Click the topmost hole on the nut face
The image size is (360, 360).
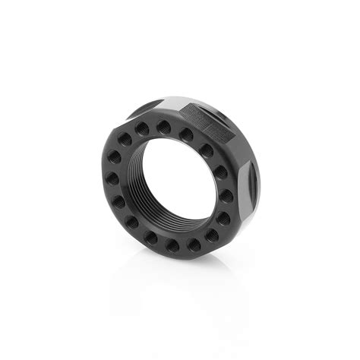tap(163, 128)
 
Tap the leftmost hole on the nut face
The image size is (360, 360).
tap(112, 178)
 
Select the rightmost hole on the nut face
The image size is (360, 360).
tap(226, 196)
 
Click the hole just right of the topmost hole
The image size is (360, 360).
tap(186, 134)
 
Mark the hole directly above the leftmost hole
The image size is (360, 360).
tap(114, 156)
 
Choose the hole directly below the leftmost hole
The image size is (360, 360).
tap(118, 202)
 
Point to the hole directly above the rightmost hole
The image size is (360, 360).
tap(219, 172)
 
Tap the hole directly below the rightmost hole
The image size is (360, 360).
tap(223, 219)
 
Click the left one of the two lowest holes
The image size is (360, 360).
tap(172, 246)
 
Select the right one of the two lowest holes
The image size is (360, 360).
tap(194, 245)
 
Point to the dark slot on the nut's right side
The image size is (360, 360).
tap(252, 186)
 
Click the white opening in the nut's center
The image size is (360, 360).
tap(171, 178)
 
